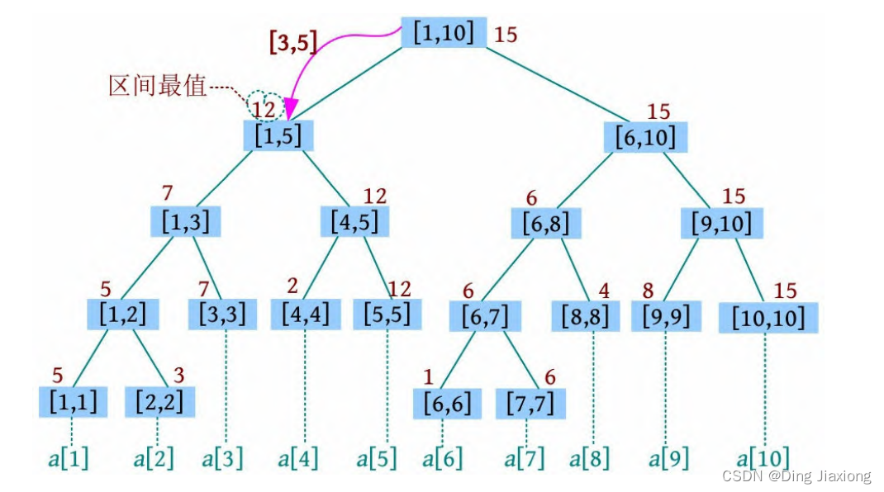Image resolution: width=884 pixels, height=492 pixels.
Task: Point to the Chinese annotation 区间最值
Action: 157,86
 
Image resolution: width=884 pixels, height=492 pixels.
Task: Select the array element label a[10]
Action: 763,458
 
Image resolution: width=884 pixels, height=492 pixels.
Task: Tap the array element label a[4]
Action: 297,458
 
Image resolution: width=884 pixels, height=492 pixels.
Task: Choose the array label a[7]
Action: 525,458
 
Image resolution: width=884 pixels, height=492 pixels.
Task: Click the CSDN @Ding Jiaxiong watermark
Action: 796,476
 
